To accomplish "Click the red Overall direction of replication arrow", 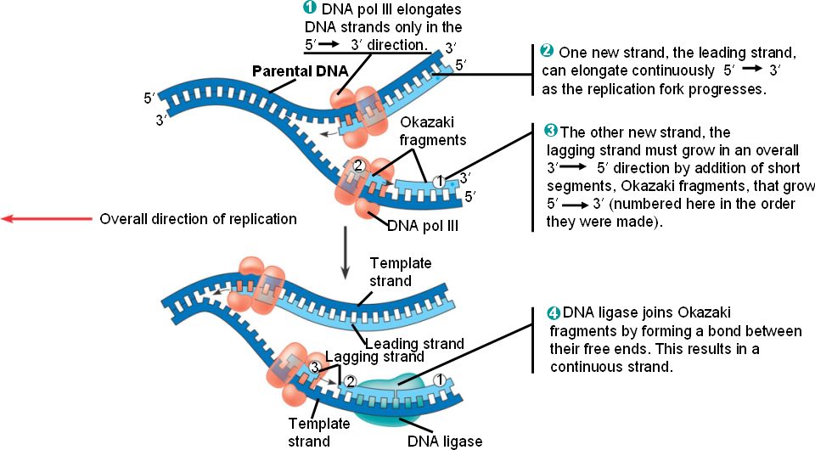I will click(47, 219).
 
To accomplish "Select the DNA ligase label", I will click(444, 442).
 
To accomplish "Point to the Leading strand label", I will click(415, 344).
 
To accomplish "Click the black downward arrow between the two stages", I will click(345, 252).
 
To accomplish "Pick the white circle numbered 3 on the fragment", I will click(315, 367).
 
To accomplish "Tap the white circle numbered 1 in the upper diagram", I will click(439, 181).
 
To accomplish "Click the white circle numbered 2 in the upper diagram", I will click(358, 166).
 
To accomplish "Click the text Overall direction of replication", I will click(199, 219).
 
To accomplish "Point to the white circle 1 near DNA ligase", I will click(439, 380).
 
